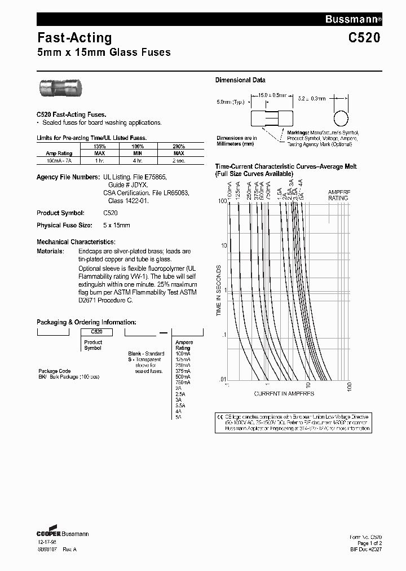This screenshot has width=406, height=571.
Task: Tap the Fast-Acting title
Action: (x=74, y=38)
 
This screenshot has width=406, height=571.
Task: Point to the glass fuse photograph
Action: (x=62, y=89)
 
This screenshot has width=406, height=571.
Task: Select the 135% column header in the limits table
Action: (x=100, y=146)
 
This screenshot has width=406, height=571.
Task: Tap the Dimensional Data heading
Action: (x=240, y=80)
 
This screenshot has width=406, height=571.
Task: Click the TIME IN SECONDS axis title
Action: (x=219, y=290)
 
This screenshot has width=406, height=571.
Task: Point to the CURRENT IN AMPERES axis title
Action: (x=284, y=393)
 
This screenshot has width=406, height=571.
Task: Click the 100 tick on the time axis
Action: (x=222, y=201)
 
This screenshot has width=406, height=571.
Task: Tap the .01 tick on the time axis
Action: (x=222, y=379)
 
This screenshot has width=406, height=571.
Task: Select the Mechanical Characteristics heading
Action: (x=76, y=241)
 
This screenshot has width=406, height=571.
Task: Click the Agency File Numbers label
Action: (x=68, y=177)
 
